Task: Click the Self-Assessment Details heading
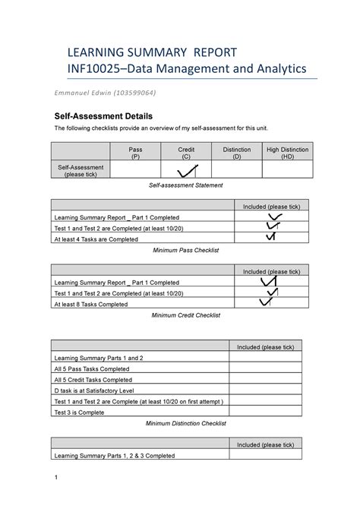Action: click(103, 116)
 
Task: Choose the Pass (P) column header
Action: click(135, 153)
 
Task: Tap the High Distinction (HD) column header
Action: click(286, 153)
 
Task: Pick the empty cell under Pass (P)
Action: click(135, 170)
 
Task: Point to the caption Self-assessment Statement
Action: click(180, 185)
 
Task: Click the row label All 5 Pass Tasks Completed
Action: click(92, 368)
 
